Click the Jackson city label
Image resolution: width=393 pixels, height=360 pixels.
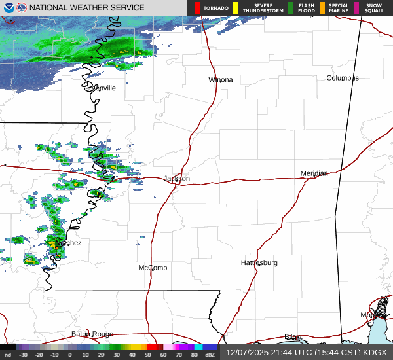(x=177, y=178)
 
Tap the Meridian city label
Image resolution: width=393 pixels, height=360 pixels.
(x=314, y=173)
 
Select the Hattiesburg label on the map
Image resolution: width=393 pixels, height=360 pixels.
(x=259, y=263)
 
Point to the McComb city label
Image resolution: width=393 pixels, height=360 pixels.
(x=153, y=268)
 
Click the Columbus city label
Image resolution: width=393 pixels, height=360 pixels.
(x=343, y=78)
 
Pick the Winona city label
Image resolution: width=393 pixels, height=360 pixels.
(x=220, y=80)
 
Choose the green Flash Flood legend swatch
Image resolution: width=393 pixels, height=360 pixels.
(x=291, y=8)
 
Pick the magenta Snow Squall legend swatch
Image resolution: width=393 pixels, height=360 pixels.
(x=356, y=8)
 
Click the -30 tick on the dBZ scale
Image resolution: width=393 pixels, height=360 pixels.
(x=23, y=355)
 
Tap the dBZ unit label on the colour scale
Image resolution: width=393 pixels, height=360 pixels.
(x=211, y=355)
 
